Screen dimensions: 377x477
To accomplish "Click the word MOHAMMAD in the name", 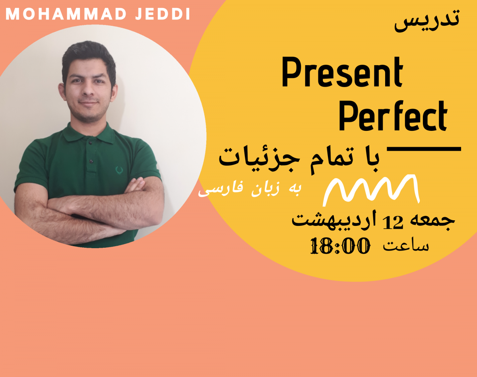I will pos(63,14).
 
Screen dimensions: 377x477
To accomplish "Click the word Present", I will pos(342,73).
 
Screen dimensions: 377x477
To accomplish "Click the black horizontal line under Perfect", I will pos(424,150).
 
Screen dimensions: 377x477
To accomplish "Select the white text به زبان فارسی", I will pos(250,190).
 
